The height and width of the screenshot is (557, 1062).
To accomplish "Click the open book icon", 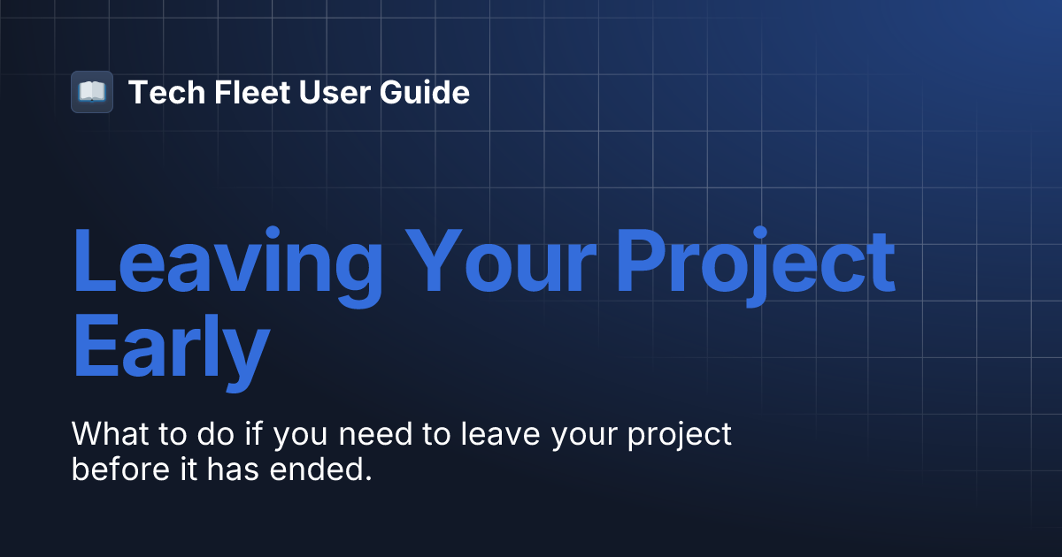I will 92,92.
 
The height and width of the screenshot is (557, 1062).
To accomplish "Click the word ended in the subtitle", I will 312,469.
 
